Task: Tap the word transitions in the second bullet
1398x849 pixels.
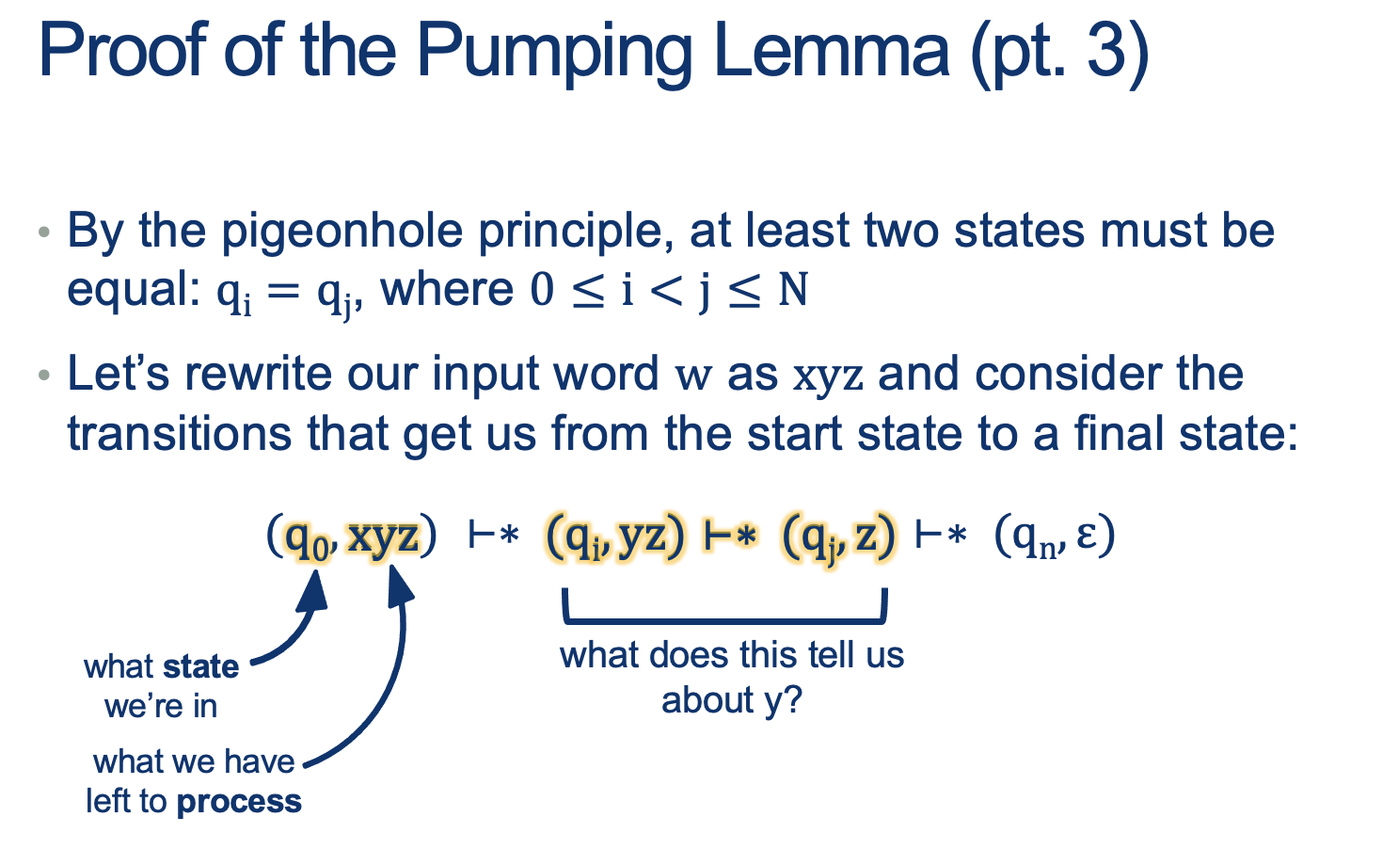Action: coord(180,434)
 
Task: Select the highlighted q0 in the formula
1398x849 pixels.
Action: coord(307,539)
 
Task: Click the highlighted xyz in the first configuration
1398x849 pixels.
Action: coord(382,537)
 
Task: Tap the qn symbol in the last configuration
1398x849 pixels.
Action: coord(1037,539)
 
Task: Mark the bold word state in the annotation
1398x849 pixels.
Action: coord(200,666)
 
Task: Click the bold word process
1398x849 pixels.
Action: coord(239,802)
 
